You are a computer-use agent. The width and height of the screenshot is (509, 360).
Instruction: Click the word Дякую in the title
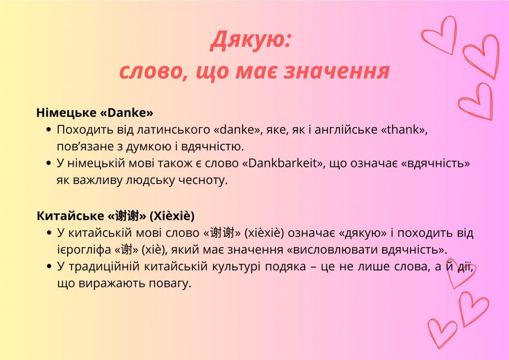click(x=247, y=41)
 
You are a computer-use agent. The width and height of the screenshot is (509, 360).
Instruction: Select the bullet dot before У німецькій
click(x=48, y=164)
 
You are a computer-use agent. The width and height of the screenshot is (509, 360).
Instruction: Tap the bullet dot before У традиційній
click(x=48, y=268)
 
